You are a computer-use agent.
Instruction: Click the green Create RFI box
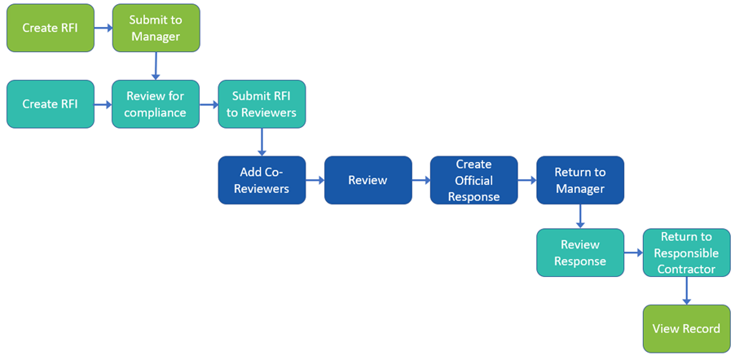click(x=51, y=28)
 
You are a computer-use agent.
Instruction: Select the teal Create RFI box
click(x=51, y=103)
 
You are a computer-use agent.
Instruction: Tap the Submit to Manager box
click(x=156, y=28)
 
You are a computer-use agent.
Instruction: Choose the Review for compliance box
click(x=156, y=103)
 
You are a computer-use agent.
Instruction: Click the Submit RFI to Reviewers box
click(x=262, y=103)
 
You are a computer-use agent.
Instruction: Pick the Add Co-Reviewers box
click(x=262, y=180)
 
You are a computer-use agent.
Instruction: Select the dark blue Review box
click(x=367, y=180)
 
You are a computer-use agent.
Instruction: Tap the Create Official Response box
click(x=473, y=180)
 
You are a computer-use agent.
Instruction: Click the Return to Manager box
click(x=579, y=180)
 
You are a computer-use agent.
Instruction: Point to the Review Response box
click(x=579, y=252)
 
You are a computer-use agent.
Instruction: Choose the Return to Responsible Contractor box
click(x=686, y=252)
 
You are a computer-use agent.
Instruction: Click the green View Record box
click(x=686, y=329)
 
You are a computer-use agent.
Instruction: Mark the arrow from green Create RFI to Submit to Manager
click(x=103, y=28)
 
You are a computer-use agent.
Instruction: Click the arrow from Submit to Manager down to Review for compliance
click(x=156, y=66)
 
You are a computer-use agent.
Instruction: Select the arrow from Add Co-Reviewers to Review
click(x=315, y=180)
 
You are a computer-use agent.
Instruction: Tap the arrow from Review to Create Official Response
click(x=420, y=180)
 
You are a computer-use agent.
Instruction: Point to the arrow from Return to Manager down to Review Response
click(x=579, y=216)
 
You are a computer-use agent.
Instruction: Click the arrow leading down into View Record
click(x=686, y=291)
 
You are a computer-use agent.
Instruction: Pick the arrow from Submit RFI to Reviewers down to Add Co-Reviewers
click(x=262, y=142)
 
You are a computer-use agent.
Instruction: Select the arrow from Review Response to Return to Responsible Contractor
click(x=633, y=253)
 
